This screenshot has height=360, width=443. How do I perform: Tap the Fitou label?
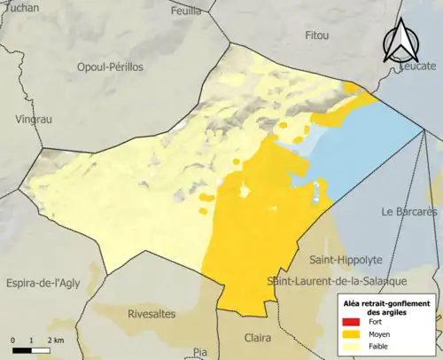[316, 35]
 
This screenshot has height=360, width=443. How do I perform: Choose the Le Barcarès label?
[409, 212]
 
